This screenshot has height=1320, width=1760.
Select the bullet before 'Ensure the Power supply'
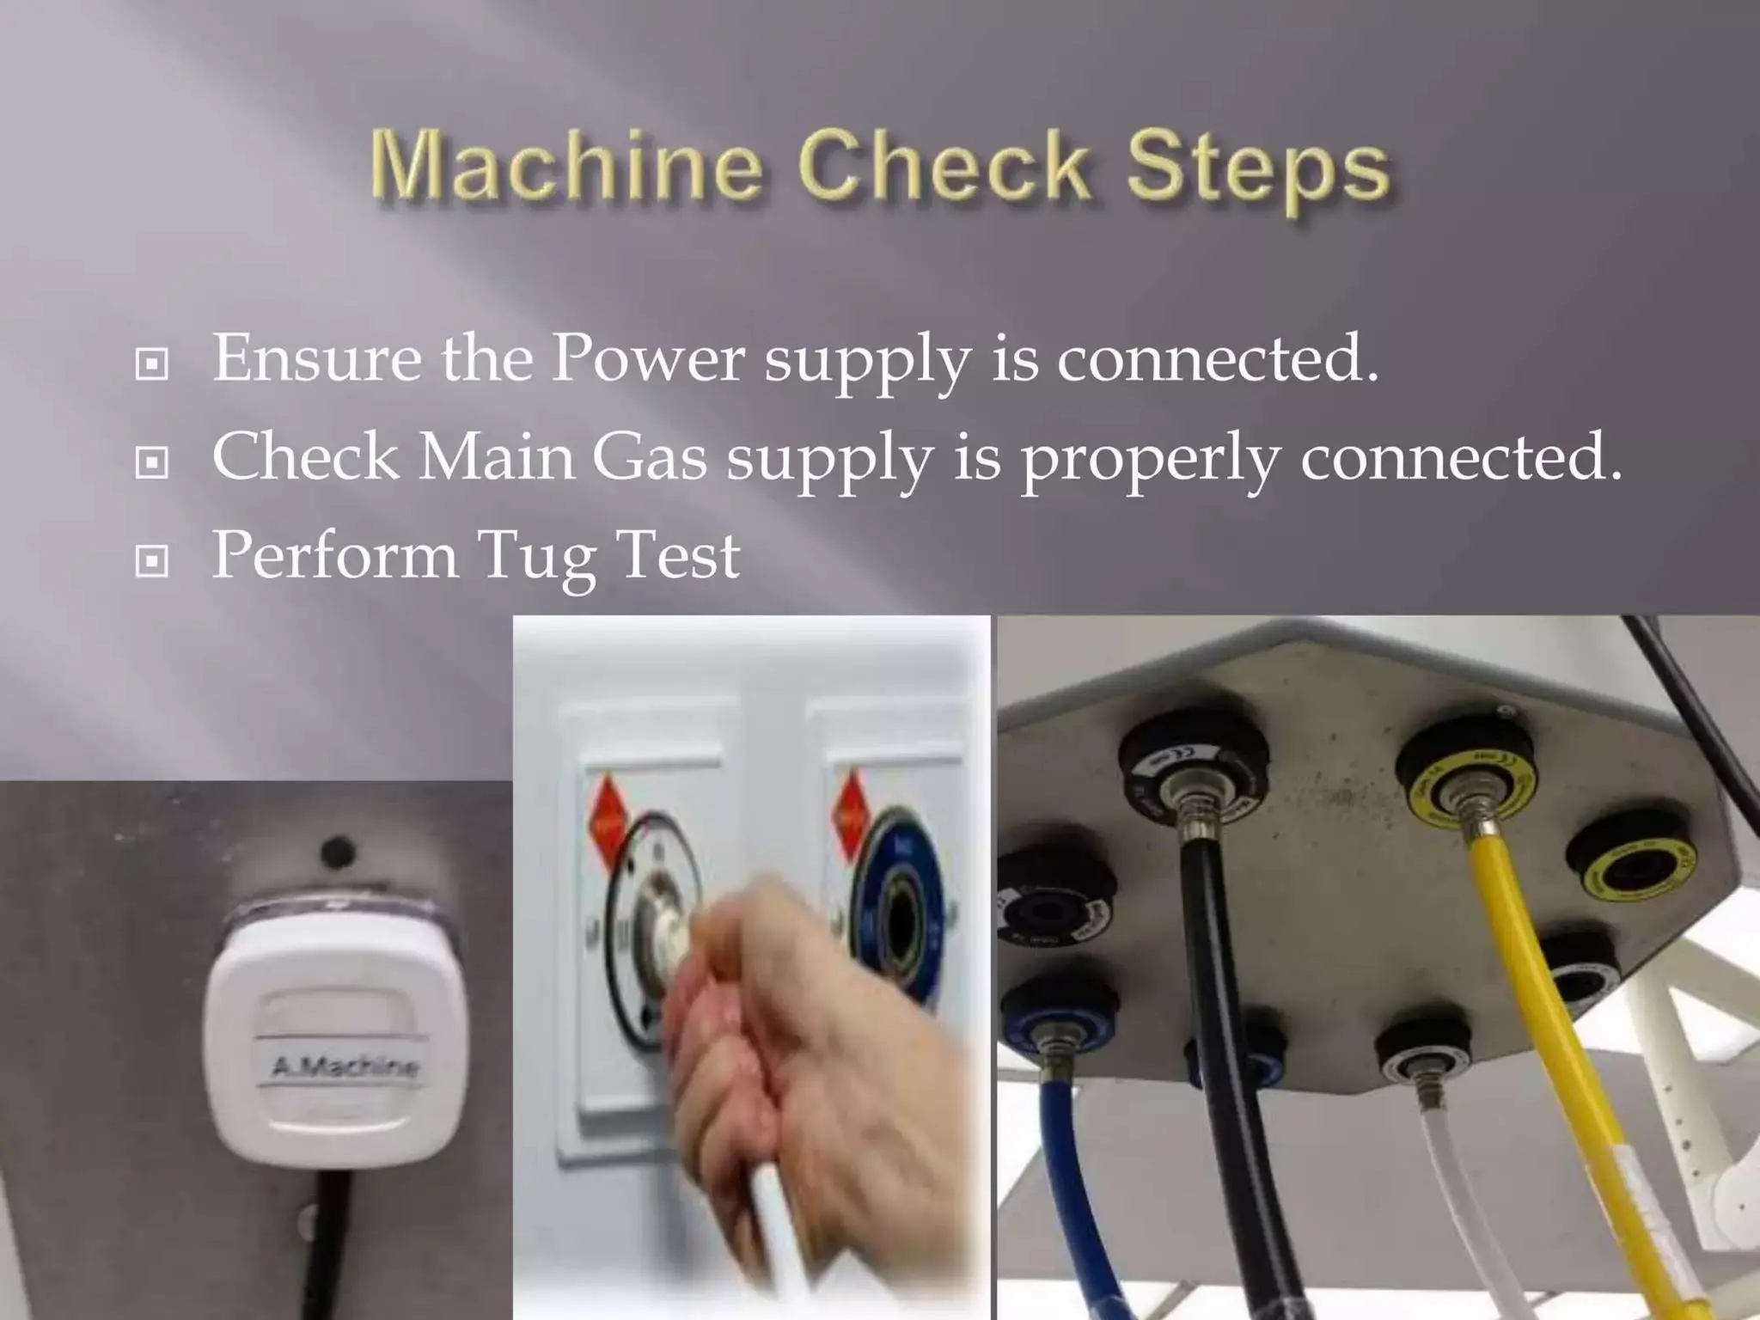[152, 364]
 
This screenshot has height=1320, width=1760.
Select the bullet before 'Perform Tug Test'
[152, 562]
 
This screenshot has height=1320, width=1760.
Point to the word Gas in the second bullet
[650, 456]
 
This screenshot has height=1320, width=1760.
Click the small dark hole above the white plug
[338, 852]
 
